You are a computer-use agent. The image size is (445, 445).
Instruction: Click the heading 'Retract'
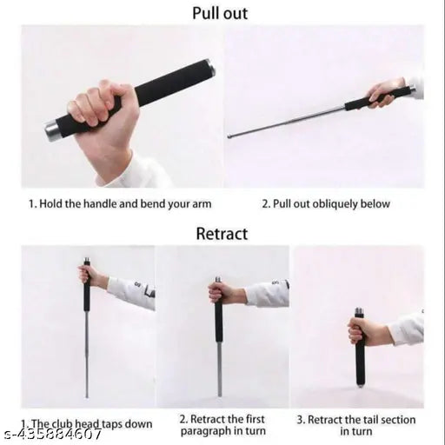(x=222, y=233)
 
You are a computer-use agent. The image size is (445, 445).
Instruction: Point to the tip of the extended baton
(x=229, y=136)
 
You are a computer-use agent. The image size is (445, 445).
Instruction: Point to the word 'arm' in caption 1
(x=201, y=204)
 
